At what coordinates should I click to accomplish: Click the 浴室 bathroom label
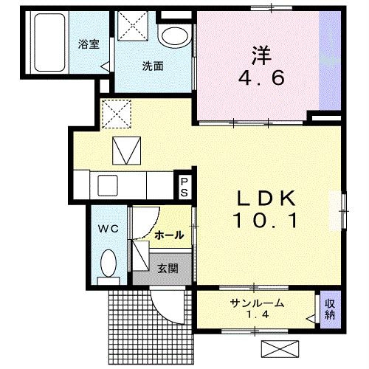coord(88,44)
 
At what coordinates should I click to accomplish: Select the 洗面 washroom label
coord(153,66)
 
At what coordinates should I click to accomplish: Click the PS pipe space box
coord(184,185)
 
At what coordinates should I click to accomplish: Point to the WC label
coord(109,230)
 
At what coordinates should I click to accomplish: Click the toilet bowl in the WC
coord(109,263)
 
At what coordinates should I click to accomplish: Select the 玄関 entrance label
coord(167,269)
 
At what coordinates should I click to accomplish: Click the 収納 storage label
coord(330,308)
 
